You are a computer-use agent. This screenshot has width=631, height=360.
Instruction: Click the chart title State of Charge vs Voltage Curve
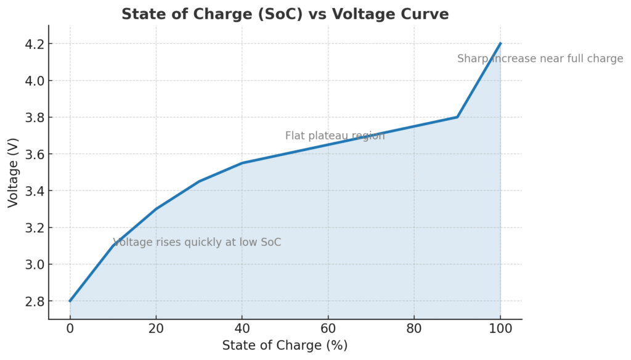(x=285, y=14)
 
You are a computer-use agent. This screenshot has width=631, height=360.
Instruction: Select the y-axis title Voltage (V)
(x=13, y=173)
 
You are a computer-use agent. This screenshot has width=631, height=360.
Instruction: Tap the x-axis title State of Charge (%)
(x=285, y=345)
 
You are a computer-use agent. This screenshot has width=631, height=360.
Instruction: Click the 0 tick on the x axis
(x=70, y=329)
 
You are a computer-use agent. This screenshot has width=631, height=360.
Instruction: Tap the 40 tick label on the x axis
(x=242, y=329)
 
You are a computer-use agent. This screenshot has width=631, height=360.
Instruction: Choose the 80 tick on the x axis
(x=414, y=329)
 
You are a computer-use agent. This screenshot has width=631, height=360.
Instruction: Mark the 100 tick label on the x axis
(x=500, y=329)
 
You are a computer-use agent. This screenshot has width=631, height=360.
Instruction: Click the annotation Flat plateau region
(x=335, y=136)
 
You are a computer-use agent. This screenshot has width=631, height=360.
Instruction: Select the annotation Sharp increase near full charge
(x=540, y=59)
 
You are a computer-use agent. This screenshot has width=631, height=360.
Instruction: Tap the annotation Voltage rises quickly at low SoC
(x=197, y=242)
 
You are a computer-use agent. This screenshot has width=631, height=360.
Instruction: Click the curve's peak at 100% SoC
(x=500, y=44)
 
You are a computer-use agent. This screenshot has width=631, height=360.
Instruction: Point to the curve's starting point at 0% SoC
(x=70, y=301)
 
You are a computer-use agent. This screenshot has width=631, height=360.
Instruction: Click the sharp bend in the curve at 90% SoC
(x=457, y=117)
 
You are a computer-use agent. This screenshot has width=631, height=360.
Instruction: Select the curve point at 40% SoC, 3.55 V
(x=242, y=163)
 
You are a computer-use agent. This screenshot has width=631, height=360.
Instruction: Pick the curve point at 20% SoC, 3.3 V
(x=156, y=209)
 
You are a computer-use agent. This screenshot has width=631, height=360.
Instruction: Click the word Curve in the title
(x=425, y=14)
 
